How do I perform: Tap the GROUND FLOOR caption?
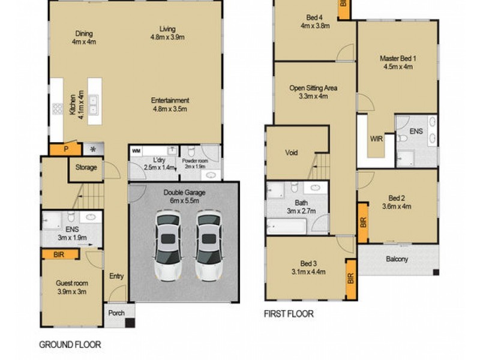[x=70, y=344]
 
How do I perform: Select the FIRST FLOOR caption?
[x=289, y=313]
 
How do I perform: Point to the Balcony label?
[x=397, y=259]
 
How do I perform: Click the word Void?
[x=292, y=153]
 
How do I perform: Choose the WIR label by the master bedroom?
[x=377, y=139]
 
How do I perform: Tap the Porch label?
[x=116, y=313]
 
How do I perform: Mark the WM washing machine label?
[x=136, y=150]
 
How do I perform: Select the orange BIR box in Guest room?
[x=60, y=254]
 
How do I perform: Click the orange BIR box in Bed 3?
[x=351, y=278]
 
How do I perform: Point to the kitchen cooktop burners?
[x=58, y=109]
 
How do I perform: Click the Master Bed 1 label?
[x=398, y=62]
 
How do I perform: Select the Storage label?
[x=86, y=167]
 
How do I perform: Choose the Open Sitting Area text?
[x=313, y=92]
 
